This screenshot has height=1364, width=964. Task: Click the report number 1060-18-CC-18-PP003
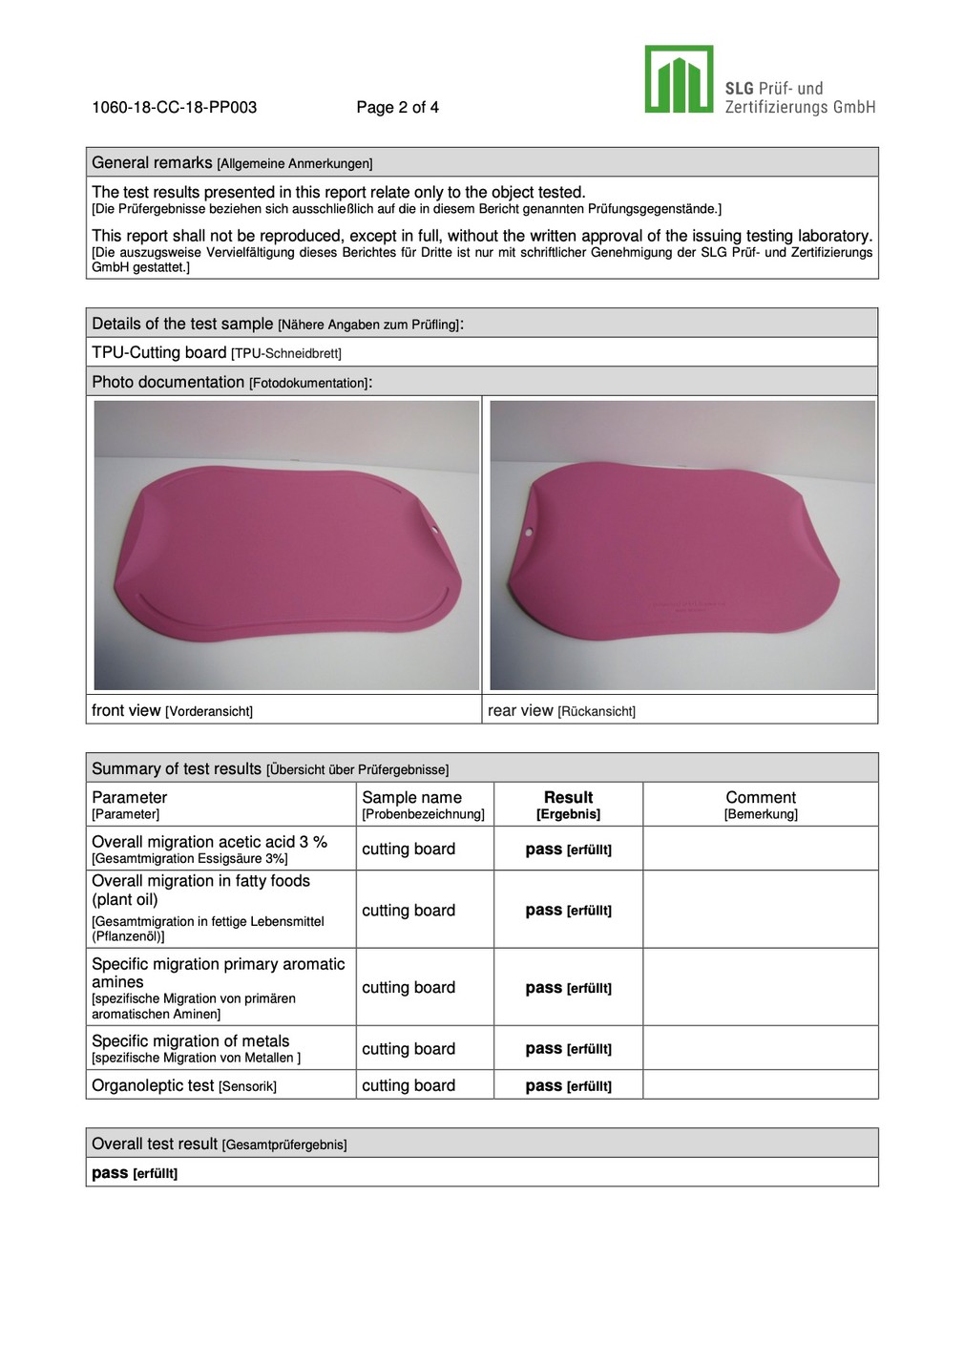coord(174,107)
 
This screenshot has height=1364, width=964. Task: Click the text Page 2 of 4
coord(397,107)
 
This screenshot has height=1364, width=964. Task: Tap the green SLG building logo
coord(679,79)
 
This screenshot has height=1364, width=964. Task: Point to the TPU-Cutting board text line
coord(216,353)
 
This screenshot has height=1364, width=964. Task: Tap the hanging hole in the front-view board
coord(434,528)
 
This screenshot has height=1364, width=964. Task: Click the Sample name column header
coord(411,798)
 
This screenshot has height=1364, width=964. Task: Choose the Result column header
coord(568,798)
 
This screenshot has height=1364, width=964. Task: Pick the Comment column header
coord(760,798)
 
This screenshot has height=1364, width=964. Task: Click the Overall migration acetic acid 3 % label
coord(209,842)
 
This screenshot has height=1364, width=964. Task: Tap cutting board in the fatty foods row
coord(409,911)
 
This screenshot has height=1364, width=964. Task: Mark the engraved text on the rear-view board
coord(688,605)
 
